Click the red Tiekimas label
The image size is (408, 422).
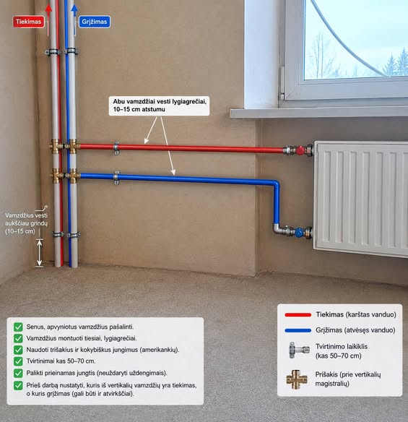pyautogui.click(x=28, y=22)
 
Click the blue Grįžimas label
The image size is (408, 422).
pyautogui.click(x=94, y=22)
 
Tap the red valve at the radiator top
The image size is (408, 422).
pyautogui.click(x=300, y=150)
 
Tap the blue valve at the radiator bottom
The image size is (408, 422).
pyautogui.click(x=299, y=232)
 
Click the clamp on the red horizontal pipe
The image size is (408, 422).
pyautogui.click(x=116, y=148)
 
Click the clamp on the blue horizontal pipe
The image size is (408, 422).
pyautogui.click(x=116, y=178)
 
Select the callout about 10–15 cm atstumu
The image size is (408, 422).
pyautogui.click(x=159, y=105)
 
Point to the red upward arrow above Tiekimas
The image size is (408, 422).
pyautogui.click(x=48, y=20)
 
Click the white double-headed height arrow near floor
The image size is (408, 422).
pyautogui.click(x=40, y=253)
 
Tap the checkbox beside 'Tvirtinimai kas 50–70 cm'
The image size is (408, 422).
pyautogui.click(x=18, y=361)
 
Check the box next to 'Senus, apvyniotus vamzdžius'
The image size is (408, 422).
pyautogui.click(x=18, y=327)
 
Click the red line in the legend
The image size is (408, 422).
pyautogui.click(x=298, y=314)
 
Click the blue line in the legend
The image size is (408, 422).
pyautogui.click(x=298, y=330)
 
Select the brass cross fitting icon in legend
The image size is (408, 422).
pyautogui.click(x=297, y=379)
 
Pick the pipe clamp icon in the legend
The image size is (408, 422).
pyautogui.click(x=298, y=350)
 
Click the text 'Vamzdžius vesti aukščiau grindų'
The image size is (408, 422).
pyautogui.click(x=26, y=220)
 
